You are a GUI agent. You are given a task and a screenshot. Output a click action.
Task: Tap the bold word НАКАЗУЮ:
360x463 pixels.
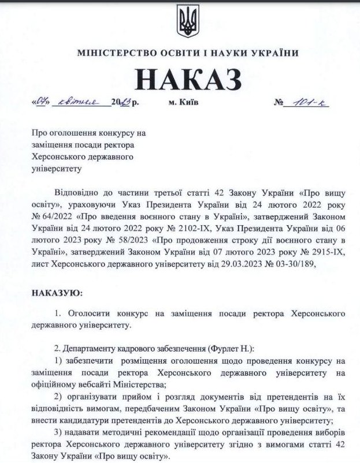pyautogui.click(x=57, y=294)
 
